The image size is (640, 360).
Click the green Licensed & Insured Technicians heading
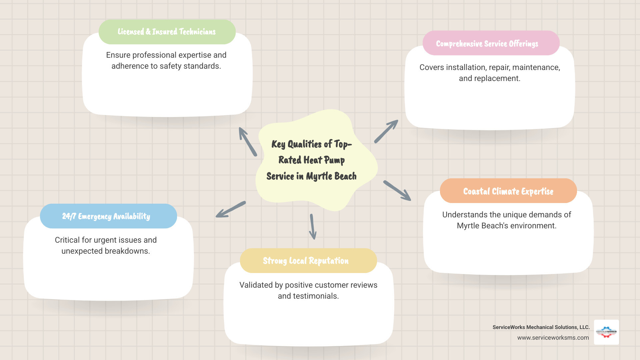coord(167,32)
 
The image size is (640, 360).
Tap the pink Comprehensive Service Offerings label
coord(487,44)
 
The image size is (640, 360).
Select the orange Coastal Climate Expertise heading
coord(508,191)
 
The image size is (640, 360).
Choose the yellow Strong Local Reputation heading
coord(306,261)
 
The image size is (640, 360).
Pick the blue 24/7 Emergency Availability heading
coord(106,216)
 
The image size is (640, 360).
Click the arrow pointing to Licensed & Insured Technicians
coord(247,141)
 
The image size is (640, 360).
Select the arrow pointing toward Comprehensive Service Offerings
coord(386,132)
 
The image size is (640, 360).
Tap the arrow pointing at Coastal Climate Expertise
coord(397,191)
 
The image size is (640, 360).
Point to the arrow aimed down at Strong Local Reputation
coord(313,227)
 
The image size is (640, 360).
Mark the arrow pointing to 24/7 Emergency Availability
coord(231,210)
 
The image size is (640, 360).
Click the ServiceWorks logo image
coord(606,332)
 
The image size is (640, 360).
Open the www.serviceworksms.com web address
coord(553,338)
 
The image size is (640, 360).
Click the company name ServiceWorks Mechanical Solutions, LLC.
coord(541,327)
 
